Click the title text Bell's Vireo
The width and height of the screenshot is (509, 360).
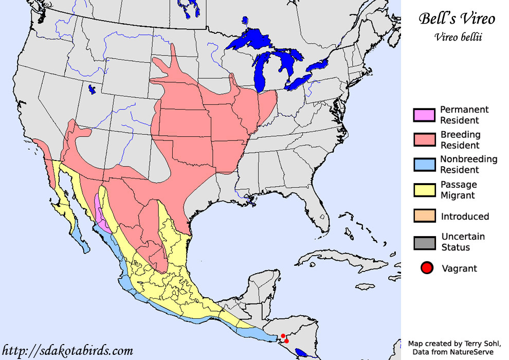tap(457, 19)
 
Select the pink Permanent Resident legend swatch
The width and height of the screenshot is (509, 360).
tap(424, 115)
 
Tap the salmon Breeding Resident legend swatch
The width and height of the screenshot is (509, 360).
tap(424, 140)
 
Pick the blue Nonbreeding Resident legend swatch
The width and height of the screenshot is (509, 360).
tap(424, 165)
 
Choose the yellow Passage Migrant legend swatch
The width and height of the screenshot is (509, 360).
tap(424, 190)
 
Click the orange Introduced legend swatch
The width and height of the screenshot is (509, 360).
tap(424, 216)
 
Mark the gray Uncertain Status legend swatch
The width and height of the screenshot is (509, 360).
tap(424, 242)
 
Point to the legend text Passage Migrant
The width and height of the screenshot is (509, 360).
tap(459, 190)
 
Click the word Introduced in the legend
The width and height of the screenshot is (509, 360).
tap(465, 217)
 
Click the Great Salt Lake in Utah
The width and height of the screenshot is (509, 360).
tap(92, 89)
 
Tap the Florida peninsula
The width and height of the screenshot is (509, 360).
tap(319, 216)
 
